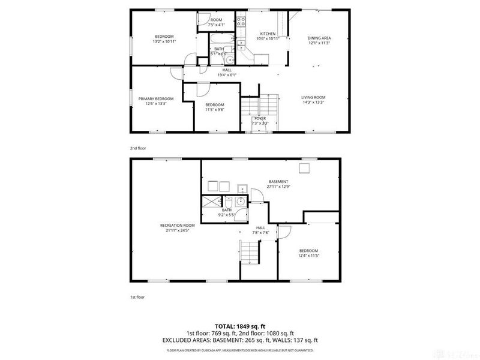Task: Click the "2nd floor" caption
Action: point(138,148)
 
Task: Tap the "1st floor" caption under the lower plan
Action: point(137,297)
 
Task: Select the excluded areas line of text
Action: point(241,340)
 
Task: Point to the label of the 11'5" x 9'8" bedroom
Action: point(214,107)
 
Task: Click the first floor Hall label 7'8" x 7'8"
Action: point(261,230)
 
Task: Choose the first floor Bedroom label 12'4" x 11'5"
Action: point(308,253)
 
